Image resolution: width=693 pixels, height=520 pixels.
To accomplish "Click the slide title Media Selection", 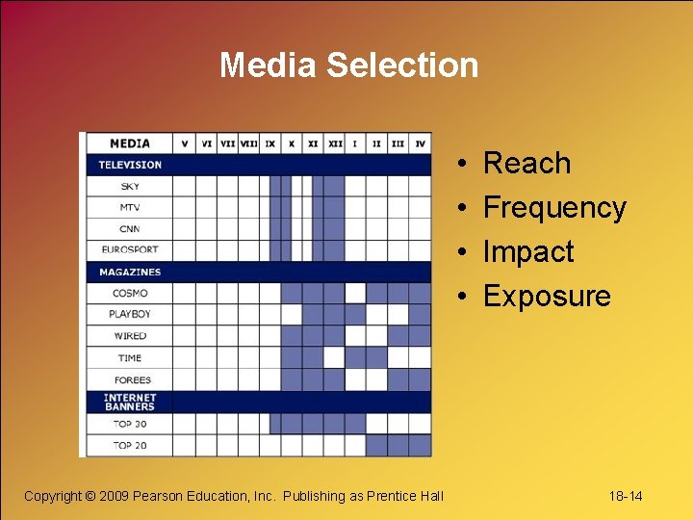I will tap(348, 65).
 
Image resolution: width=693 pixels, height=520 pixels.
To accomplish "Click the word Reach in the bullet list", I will tap(526, 164).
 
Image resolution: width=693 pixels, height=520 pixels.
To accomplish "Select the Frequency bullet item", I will tap(553, 208).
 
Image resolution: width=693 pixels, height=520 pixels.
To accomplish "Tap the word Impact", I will tap(527, 252).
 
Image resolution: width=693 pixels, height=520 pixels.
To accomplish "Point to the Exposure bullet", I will tap(546, 297).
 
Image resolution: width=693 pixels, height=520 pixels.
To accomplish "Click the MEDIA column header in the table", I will tap(130, 143).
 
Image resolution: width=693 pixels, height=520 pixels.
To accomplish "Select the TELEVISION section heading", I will tap(130, 165).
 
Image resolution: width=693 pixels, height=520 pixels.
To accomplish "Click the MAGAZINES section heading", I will tap(130, 273).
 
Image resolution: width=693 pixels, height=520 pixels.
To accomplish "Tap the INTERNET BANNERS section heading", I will tap(130, 402).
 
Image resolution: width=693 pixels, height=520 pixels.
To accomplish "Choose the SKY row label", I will tap(130, 186).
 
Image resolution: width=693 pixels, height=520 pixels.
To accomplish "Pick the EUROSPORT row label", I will tap(130, 250).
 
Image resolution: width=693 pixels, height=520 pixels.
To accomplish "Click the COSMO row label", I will tap(130, 294).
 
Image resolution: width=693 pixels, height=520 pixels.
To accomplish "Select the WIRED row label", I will tap(130, 336).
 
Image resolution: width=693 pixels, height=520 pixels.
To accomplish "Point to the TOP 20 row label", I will tap(130, 445).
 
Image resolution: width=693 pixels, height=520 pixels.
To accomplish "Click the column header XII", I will tap(334, 143).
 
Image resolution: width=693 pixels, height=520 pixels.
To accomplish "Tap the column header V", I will tap(185, 143).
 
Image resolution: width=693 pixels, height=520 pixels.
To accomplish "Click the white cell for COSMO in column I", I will tap(355, 293).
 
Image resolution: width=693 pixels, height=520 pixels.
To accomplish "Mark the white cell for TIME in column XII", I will tap(334, 357).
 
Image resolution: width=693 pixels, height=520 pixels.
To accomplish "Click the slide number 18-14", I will tap(625, 496).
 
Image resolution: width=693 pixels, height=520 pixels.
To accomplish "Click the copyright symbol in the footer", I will tap(90, 496).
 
